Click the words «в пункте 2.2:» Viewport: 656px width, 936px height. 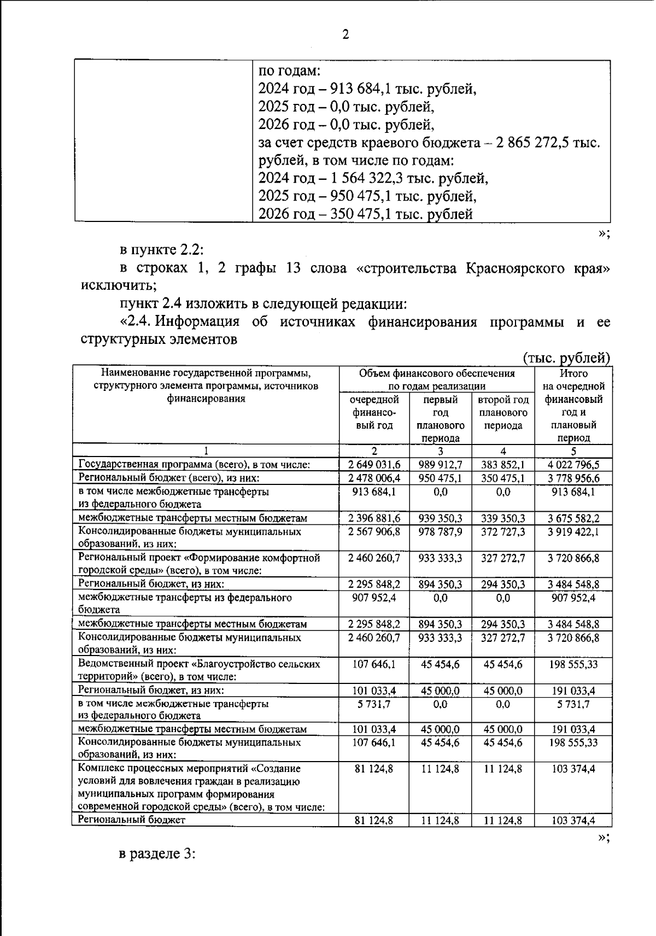[161, 250]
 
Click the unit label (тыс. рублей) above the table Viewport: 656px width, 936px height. [566, 358]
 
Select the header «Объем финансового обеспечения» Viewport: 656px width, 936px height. [437, 373]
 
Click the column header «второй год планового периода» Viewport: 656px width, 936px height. [503, 412]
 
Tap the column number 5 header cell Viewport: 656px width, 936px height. [573, 452]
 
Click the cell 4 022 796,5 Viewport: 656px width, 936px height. [573, 465]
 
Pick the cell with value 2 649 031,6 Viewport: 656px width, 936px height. [374, 465]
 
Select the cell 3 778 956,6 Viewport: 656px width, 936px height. [573, 478]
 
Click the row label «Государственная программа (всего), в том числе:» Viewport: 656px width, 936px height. [195, 465]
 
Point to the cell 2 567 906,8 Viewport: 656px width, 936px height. [374, 531]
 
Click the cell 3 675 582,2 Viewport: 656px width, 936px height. [573, 518]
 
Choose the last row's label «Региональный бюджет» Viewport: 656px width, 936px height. [132, 820]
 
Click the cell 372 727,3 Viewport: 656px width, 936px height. [503, 531]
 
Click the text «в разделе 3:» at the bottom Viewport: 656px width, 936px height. [157, 854]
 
